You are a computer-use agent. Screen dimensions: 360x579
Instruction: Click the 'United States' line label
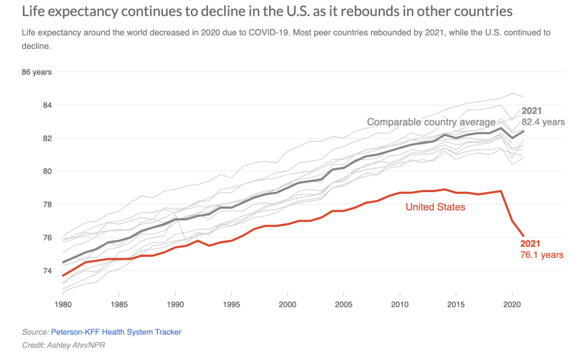(x=435, y=207)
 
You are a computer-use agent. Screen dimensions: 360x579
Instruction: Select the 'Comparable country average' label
(x=431, y=122)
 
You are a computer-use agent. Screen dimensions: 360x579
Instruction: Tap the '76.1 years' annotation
(x=542, y=255)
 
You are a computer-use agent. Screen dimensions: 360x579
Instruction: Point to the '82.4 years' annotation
(x=543, y=122)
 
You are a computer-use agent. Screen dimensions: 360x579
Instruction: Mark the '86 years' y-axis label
(x=37, y=72)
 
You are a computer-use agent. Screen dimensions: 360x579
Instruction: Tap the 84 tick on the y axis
(x=47, y=105)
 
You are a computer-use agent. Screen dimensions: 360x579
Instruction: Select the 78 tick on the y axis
(x=47, y=204)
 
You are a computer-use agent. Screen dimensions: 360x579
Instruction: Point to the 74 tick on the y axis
(x=47, y=270)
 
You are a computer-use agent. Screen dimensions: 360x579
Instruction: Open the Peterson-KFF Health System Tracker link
(x=116, y=332)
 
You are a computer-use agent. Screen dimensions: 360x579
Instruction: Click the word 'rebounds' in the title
(x=329, y=11)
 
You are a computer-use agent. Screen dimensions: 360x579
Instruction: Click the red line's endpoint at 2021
(x=523, y=236)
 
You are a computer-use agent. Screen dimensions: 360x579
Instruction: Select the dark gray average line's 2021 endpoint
(x=523, y=132)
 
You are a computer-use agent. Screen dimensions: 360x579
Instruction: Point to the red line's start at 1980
(x=63, y=276)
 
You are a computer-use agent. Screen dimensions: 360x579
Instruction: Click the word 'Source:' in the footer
(x=35, y=332)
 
